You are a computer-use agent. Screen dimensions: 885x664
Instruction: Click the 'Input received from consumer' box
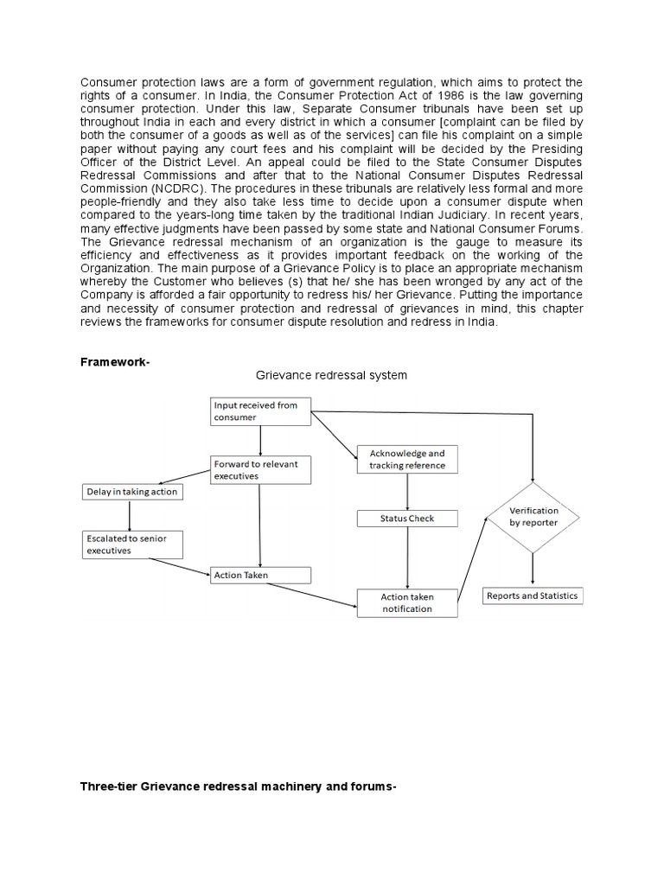(x=260, y=411)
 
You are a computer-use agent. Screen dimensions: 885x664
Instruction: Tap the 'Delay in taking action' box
(x=132, y=492)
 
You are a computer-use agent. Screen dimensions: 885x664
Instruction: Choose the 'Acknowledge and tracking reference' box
(x=407, y=459)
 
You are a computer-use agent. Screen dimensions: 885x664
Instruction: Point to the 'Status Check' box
(x=407, y=519)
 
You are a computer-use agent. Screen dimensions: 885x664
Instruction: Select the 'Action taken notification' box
(x=407, y=602)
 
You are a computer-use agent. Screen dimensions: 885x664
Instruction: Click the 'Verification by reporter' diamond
(x=533, y=516)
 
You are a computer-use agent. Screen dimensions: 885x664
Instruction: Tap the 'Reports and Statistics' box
(x=533, y=595)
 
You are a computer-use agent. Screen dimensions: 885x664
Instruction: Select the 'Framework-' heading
(x=115, y=363)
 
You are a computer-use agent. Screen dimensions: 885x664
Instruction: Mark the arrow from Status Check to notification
(x=407, y=558)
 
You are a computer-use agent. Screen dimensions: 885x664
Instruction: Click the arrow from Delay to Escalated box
(x=131, y=515)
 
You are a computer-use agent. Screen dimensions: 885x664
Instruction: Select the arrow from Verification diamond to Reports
(x=533, y=569)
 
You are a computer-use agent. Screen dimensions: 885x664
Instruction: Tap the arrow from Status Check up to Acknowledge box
(x=407, y=491)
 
